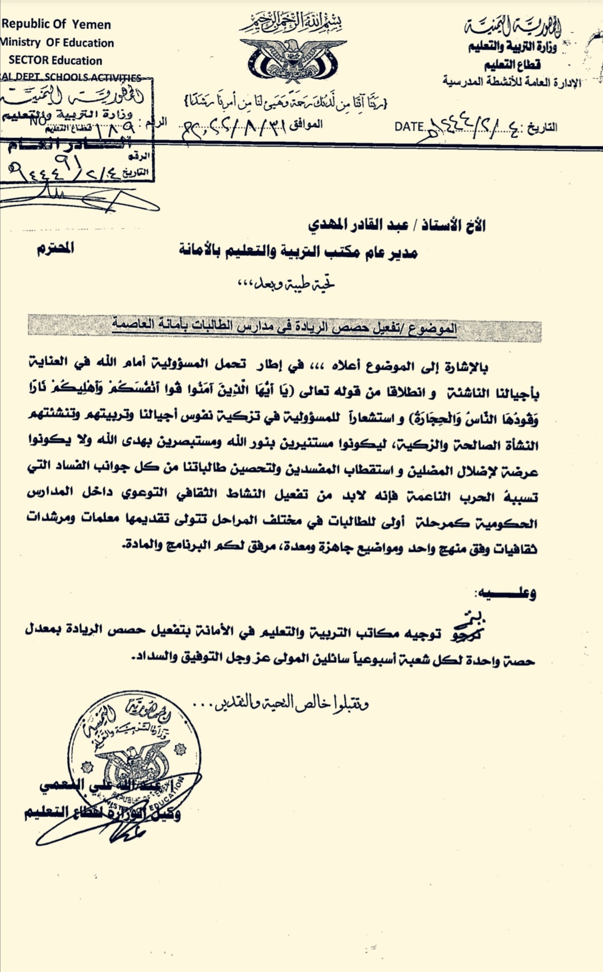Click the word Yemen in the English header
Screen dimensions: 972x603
pyautogui.click(x=92, y=25)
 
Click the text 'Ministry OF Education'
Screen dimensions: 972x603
pyautogui.click(x=57, y=42)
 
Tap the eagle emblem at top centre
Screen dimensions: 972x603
pyautogui.click(x=293, y=59)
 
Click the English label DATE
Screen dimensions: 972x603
pyautogui.click(x=409, y=127)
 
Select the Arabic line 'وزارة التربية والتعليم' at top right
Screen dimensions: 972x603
pyautogui.click(x=512, y=46)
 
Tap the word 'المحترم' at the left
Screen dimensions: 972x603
pyautogui.click(x=55, y=248)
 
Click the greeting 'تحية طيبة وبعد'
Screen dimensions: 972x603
pyautogui.click(x=286, y=284)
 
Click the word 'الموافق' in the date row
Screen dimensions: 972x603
pyautogui.click(x=305, y=124)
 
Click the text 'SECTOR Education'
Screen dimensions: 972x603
pyautogui.click(x=55, y=60)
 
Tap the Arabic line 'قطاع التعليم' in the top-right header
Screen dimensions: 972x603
pyautogui.click(x=512, y=64)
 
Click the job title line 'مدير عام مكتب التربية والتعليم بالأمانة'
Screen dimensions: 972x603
pyautogui.click(x=298, y=252)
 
